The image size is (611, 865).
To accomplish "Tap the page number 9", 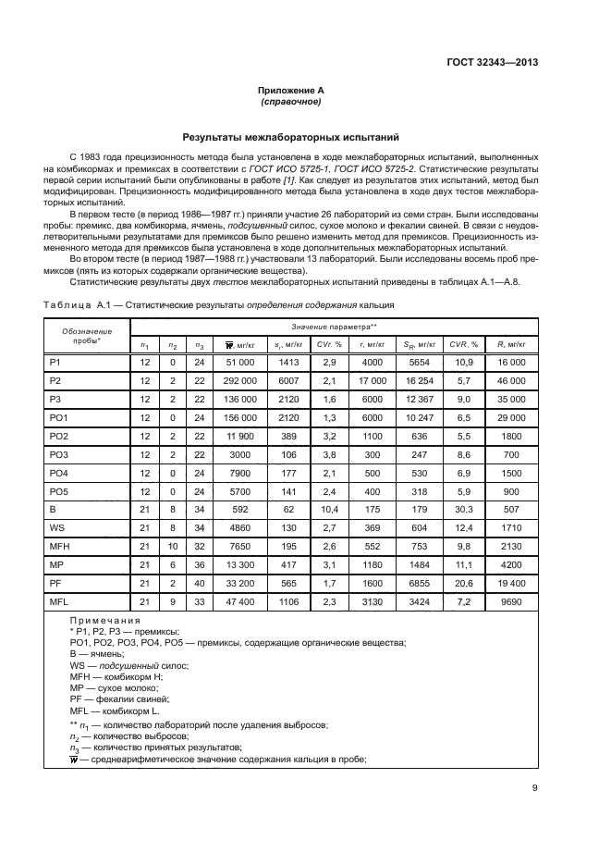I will click(535, 788).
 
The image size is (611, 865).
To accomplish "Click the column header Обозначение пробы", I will click(87, 336).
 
